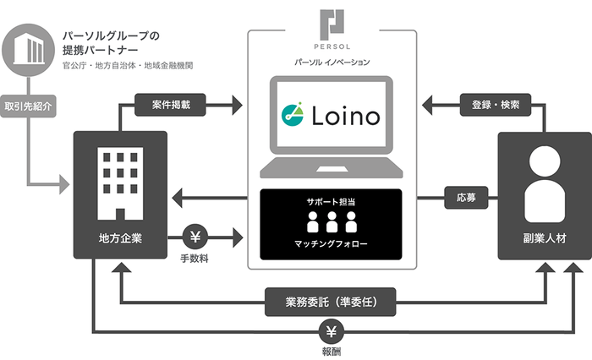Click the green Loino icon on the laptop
pos(292,113)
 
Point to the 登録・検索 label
pos(496,107)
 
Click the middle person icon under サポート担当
pos(331,224)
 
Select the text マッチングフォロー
pos(331,246)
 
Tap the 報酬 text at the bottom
pos(331,350)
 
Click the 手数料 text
pos(196,257)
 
